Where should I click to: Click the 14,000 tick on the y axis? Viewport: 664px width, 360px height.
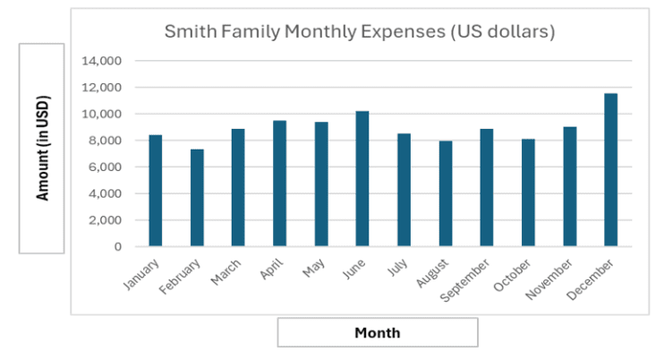pos(101,62)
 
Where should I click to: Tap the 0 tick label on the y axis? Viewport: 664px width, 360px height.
pos(117,246)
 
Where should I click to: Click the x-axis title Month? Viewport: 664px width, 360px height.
pos(377,333)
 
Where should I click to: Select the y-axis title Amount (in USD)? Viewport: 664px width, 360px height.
pos(42,149)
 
